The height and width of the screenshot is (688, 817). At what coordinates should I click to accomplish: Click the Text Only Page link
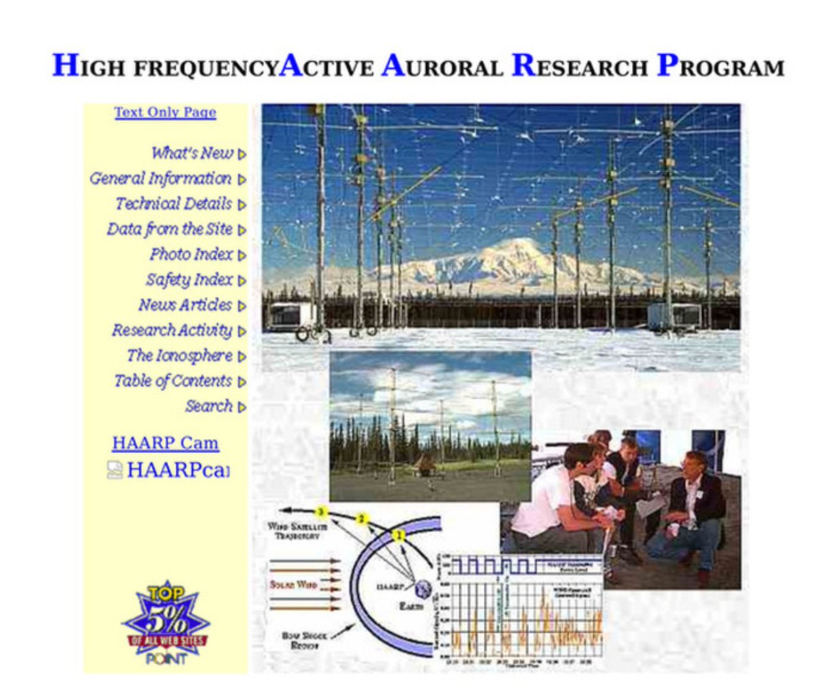(x=165, y=112)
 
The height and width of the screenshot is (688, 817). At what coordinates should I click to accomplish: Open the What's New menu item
(x=192, y=154)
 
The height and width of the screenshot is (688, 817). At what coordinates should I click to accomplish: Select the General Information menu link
(x=161, y=179)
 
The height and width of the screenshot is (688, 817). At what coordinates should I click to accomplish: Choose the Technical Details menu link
(x=174, y=204)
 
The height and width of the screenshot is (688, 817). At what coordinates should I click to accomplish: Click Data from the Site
(x=170, y=229)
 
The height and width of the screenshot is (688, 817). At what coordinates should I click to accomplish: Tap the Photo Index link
(x=191, y=255)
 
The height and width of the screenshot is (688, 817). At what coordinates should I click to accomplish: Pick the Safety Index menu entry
(x=189, y=280)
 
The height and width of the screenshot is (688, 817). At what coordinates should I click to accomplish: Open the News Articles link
(x=185, y=305)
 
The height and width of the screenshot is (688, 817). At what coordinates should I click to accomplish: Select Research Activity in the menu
(x=172, y=331)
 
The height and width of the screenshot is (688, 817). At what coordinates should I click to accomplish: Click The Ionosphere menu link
(x=180, y=356)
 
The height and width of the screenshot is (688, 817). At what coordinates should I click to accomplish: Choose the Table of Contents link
(x=173, y=381)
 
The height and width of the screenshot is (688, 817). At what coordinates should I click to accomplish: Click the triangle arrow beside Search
(x=242, y=407)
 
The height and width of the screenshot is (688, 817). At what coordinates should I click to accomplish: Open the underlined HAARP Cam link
(x=165, y=443)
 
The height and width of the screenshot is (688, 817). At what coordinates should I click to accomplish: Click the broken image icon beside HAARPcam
(x=115, y=470)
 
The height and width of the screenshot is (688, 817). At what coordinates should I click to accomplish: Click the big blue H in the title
(x=65, y=65)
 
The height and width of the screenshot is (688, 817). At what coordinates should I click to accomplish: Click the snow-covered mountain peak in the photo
(x=517, y=248)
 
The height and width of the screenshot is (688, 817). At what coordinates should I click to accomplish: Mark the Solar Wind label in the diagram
(x=293, y=585)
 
